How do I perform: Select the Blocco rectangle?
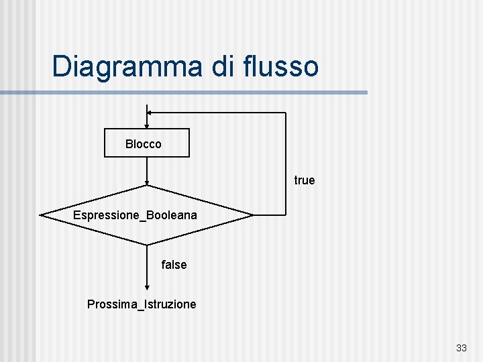coord(147,143)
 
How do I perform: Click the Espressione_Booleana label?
coord(135,216)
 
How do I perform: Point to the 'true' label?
coord(304,180)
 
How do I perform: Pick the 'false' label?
coord(174,265)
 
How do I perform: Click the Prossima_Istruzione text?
coord(142,304)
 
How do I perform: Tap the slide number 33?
coord(461,348)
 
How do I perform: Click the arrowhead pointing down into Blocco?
coord(147,126)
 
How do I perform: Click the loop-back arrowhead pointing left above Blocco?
coord(150,113)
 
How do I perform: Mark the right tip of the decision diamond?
coord(253,215)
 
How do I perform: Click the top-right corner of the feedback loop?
coord(286,113)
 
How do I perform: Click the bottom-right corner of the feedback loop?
coord(286,215)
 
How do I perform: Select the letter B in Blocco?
coord(129,144)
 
